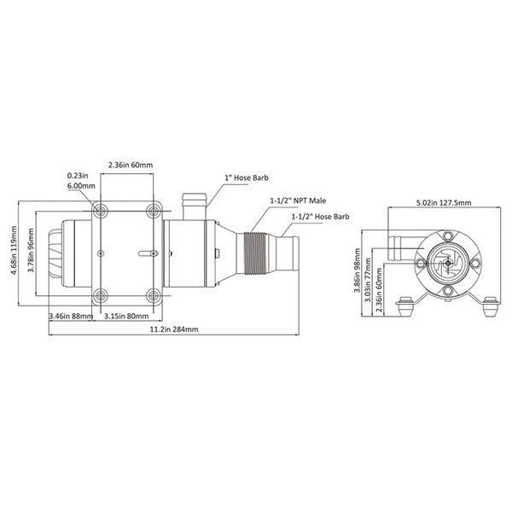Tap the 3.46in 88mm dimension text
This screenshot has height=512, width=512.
point(70,316)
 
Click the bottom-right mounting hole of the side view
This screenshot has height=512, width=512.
point(154,295)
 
